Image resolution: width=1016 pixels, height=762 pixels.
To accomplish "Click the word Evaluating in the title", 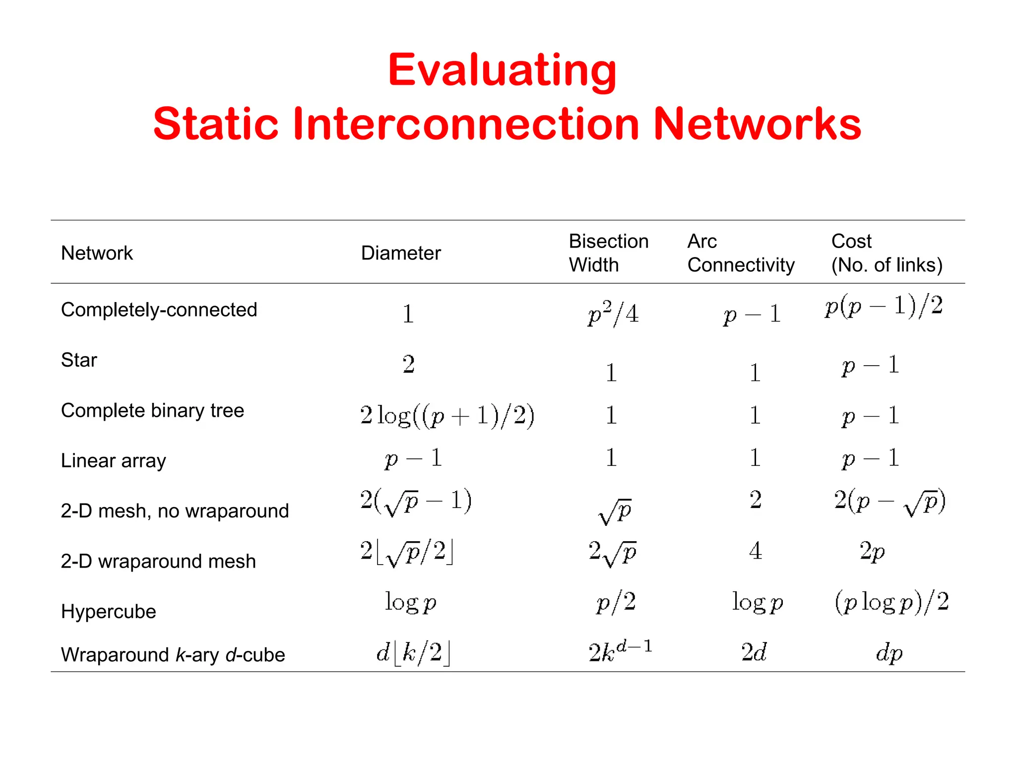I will (502, 70).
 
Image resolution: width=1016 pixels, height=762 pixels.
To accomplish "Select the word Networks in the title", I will (757, 124).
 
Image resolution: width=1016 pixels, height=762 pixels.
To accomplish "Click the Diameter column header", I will (400, 253).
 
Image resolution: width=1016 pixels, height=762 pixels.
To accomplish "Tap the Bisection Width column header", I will (608, 253).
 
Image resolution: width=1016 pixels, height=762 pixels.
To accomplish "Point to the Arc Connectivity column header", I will (740, 253).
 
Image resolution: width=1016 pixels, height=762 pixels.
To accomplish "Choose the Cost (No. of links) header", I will (887, 253).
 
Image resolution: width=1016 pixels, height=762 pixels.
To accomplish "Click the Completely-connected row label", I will (159, 310).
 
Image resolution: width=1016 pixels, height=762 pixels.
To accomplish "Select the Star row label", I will (79, 360).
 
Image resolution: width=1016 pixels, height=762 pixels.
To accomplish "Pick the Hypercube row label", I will (108, 611).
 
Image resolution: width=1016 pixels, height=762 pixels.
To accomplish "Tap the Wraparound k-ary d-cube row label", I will (173, 655).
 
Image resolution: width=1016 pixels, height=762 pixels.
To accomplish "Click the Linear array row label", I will (113, 461).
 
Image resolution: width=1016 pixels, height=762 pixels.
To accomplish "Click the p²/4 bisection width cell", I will (613, 314).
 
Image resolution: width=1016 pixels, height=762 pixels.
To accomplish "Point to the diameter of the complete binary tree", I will (447, 415).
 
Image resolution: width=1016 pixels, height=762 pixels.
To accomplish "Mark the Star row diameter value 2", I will (408, 364).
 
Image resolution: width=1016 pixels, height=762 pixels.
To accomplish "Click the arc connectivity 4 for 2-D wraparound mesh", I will (755, 551).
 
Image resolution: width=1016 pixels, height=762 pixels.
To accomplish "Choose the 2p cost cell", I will (872, 551).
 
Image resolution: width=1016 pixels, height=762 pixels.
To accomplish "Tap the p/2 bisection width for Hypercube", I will (616, 602).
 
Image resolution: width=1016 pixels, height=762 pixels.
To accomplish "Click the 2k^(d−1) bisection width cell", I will (620, 652).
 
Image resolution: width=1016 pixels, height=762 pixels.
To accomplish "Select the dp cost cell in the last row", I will (889, 653).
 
